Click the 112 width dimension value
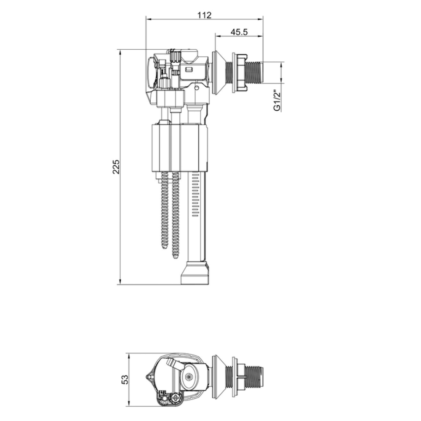[204, 15]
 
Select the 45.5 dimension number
[239, 32]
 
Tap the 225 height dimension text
[116, 167]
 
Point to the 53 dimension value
[125, 379]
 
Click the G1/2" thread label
[277, 101]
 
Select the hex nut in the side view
[240, 72]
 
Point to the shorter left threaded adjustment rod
[165, 210]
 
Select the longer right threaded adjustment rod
[175, 215]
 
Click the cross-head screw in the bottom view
[176, 397]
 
